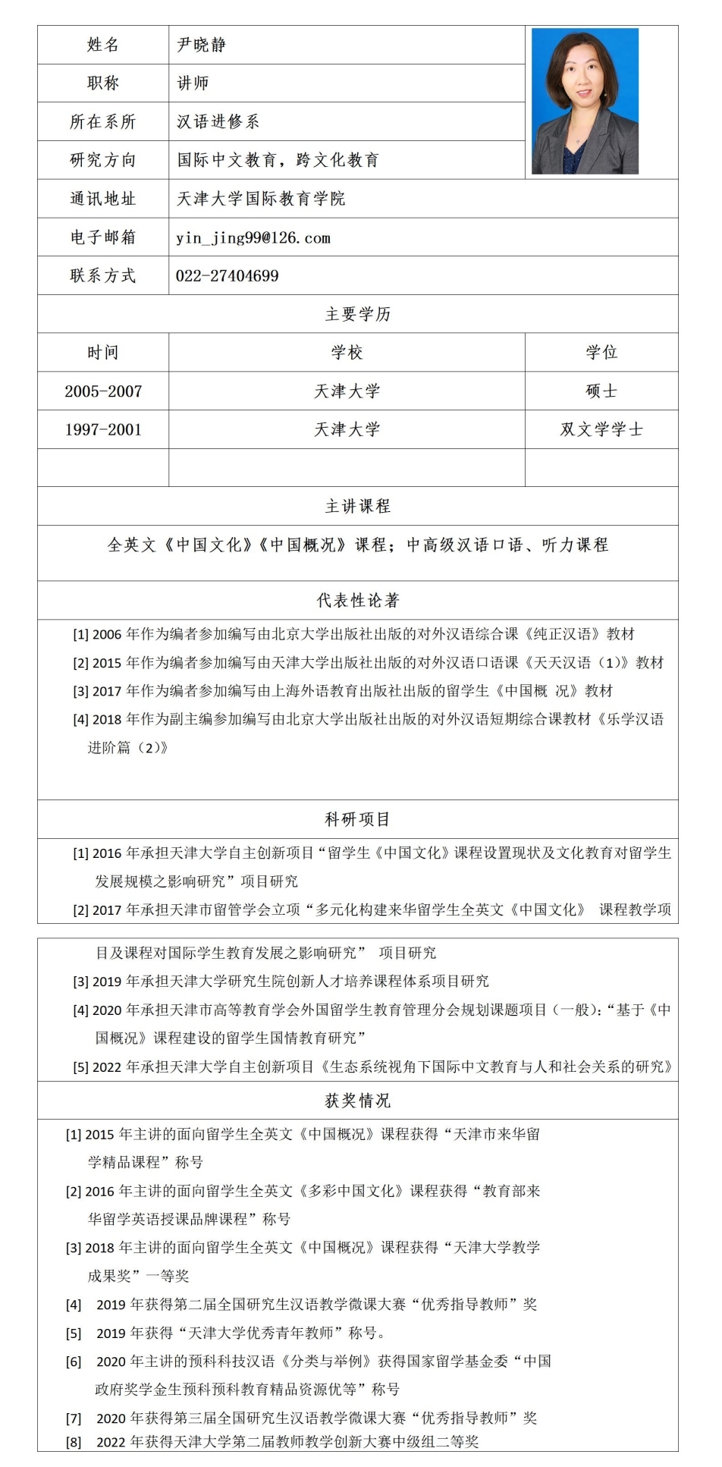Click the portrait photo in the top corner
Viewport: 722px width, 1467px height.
pos(585,102)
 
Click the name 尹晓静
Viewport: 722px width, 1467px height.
pos(202,45)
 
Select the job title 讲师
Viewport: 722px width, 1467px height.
pos(193,83)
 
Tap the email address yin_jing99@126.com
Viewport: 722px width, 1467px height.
pos(253,238)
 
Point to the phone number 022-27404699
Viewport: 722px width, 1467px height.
pos(228,276)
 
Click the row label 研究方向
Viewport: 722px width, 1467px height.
pos(102,160)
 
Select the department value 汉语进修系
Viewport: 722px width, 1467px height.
pos(218,121)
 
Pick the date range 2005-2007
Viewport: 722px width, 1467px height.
pos(103,391)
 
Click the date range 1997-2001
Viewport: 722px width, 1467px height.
pos(103,429)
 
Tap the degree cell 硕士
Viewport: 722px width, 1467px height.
pos(601,391)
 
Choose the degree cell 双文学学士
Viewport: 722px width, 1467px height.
pos(601,429)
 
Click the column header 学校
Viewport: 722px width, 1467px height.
pos(347,353)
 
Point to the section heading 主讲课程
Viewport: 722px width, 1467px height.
pos(357,506)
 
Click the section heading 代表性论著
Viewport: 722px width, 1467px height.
pos(357,601)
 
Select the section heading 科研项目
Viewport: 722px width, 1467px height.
pos(357,819)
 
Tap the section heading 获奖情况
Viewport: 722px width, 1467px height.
pos(357,1100)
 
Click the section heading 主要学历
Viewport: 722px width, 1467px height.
pos(357,314)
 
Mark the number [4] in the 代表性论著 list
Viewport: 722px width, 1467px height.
pos(80,720)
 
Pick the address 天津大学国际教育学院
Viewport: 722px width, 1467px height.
pos(261,199)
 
